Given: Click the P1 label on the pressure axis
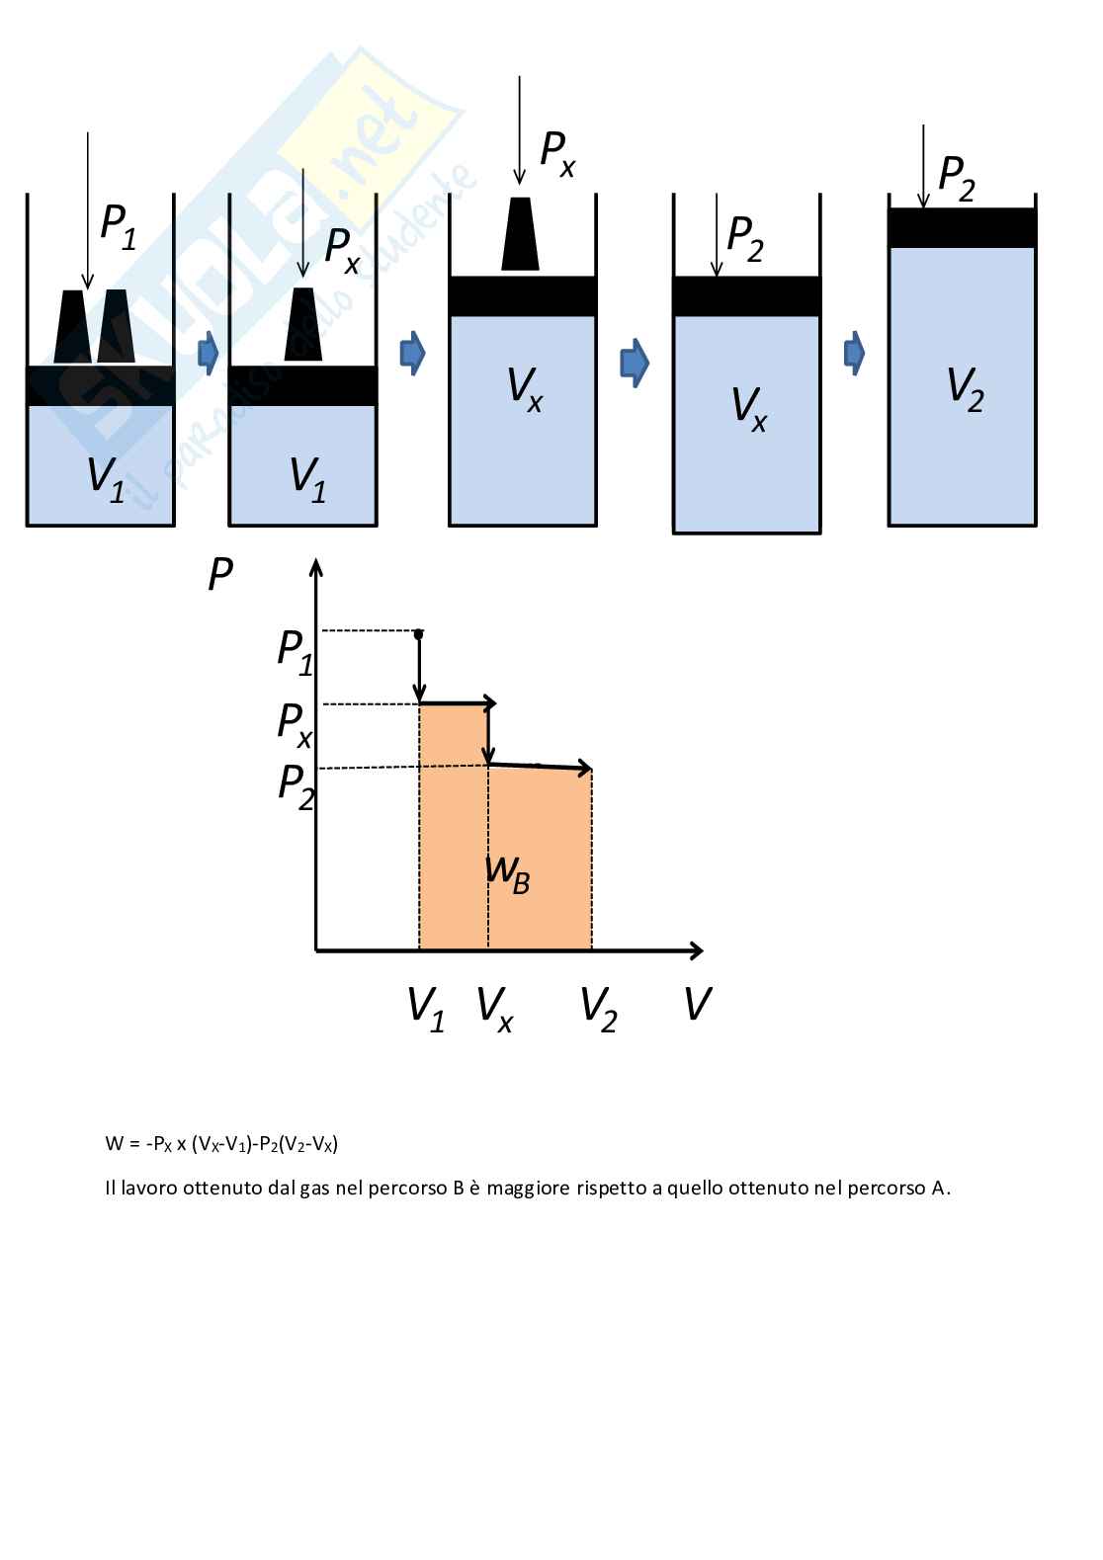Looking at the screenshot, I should [295, 651].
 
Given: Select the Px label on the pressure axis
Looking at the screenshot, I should [295, 724].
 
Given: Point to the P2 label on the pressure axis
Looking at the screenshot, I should [296, 785].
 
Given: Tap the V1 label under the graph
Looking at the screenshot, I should [426, 1008].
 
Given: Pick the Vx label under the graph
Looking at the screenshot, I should [494, 1008].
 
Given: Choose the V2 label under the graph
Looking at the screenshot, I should [598, 1008].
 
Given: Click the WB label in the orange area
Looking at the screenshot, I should [508, 872].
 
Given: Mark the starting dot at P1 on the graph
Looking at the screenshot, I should [418, 633].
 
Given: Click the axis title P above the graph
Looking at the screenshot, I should [220, 574].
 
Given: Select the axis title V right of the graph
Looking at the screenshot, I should [697, 1005].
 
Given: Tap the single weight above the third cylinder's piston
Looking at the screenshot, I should [520, 234].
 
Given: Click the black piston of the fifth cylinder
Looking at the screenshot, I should [962, 228].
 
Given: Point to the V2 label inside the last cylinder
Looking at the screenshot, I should [965, 388].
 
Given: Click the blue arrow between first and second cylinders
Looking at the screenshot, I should [208, 353].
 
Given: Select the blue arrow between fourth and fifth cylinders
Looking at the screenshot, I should [854, 353].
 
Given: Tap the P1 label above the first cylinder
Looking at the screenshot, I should [118, 226].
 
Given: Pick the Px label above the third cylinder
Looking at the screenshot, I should [557, 153].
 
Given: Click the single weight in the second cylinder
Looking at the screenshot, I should [303, 325].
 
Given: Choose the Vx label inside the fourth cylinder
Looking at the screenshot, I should [748, 408].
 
